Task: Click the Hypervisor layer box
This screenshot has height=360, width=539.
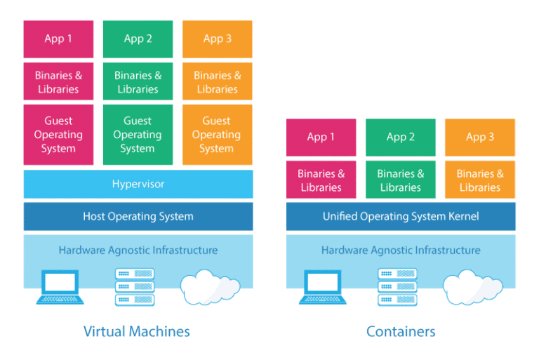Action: click(138, 184)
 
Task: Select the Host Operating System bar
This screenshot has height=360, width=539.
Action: click(138, 216)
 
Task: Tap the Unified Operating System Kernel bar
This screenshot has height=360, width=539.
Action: click(400, 216)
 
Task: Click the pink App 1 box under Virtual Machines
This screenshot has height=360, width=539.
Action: click(58, 39)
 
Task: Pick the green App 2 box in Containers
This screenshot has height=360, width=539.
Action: click(400, 137)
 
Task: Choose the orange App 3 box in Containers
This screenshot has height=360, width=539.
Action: click(480, 137)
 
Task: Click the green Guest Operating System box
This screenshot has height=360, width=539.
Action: click(138, 135)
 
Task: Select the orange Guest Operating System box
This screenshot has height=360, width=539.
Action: click(217, 135)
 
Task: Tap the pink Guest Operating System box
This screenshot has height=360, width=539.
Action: click(58, 135)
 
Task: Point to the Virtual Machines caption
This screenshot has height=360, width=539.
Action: click(137, 331)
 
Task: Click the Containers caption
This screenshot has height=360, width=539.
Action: click(401, 331)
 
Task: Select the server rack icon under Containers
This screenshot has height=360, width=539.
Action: click(397, 287)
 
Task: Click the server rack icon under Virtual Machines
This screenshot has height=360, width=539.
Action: click(134, 287)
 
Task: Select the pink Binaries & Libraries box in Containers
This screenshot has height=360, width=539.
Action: click(321, 180)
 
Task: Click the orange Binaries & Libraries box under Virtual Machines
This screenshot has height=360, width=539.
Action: click(217, 82)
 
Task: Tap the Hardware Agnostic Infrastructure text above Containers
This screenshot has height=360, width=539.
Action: click(400, 250)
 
